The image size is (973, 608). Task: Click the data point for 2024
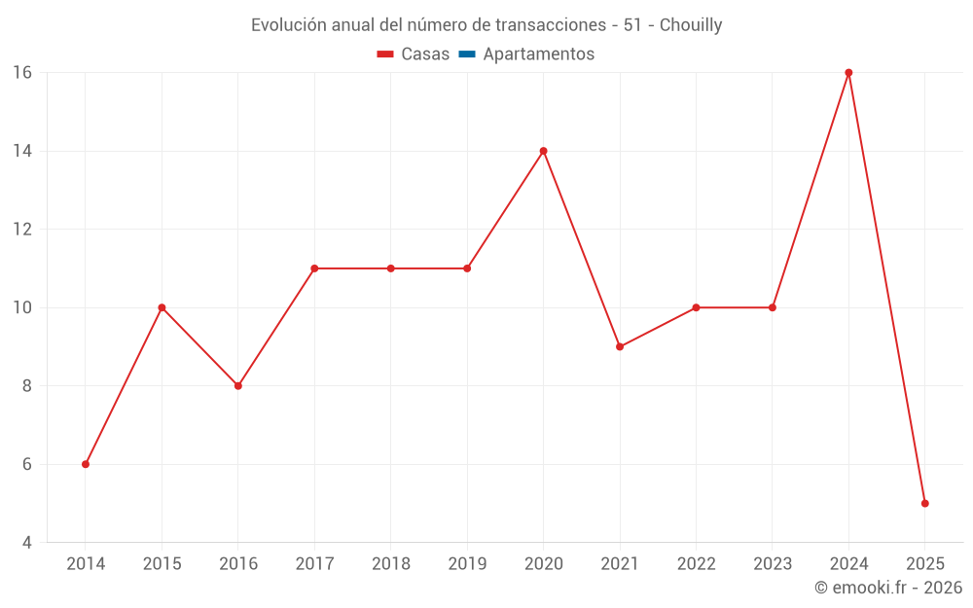848,73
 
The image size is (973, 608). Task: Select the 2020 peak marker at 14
543,151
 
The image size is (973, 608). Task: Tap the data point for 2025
924,503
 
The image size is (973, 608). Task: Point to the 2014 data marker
86,464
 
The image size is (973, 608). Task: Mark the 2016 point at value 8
238,385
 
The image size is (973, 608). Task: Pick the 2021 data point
620,346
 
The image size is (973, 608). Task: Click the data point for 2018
390,268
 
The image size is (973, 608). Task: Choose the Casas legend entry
425,54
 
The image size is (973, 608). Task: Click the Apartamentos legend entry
538,54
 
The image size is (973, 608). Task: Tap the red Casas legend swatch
385,54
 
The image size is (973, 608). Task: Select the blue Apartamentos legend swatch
467,54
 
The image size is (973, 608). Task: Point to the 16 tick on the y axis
22,73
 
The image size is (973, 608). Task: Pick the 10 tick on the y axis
22,307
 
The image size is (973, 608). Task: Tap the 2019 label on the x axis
467,564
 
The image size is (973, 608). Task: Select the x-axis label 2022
696,564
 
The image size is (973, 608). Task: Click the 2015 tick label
162,564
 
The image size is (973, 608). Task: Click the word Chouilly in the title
691,25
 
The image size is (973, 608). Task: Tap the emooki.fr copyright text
888,588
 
